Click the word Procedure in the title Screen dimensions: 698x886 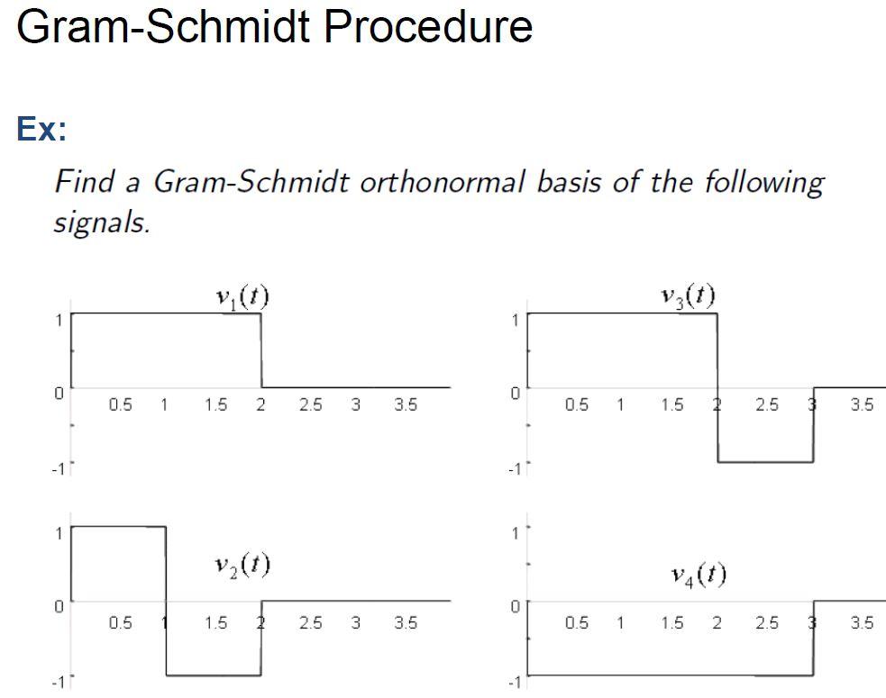coord(427,26)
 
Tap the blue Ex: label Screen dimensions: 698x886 coord(41,130)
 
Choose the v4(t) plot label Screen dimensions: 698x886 coord(699,574)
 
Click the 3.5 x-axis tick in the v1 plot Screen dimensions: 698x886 coord(406,405)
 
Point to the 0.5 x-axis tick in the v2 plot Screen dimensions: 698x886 coord(120,622)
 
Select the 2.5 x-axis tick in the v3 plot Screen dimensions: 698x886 coord(766,405)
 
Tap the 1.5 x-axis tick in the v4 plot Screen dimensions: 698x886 coord(671,622)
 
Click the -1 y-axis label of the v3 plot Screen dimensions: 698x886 coord(513,468)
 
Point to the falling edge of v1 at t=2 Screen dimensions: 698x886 coord(261,351)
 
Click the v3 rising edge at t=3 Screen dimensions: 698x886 coord(813,424)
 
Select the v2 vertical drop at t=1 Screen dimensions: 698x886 coord(166,601)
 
